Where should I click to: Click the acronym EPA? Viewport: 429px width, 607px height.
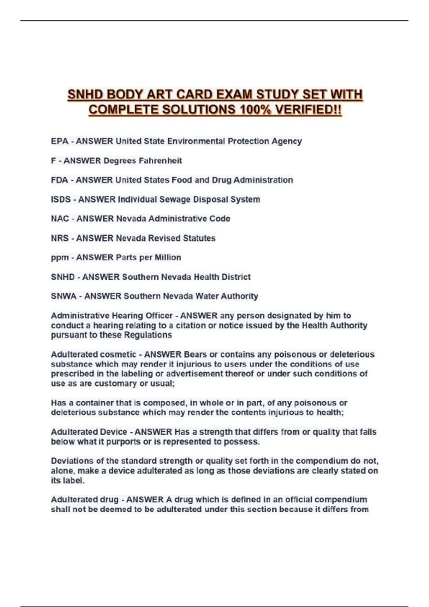click(x=59, y=141)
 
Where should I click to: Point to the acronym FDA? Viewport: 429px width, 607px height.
click(x=59, y=180)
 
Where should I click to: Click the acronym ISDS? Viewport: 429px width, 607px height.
click(x=61, y=199)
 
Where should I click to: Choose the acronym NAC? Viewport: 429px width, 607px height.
click(x=60, y=219)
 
